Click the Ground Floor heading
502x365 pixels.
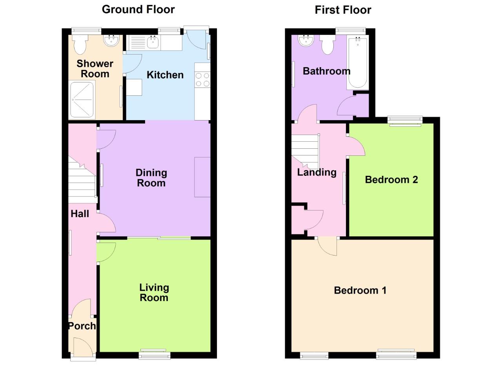pyautogui.click(x=138, y=9)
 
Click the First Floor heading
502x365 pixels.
pyautogui.click(x=343, y=10)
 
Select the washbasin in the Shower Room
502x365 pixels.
pyautogui.click(x=112, y=40)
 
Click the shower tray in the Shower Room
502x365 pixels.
pyautogui.click(x=82, y=100)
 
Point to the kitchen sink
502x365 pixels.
pyautogui.click(x=152, y=42)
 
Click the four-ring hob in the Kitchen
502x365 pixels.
pyautogui.click(x=202, y=80)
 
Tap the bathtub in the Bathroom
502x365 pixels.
pyautogui.click(x=358, y=63)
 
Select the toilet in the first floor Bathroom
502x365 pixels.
pyautogui.click(x=327, y=44)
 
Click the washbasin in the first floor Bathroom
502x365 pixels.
pyautogui.click(x=306, y=40)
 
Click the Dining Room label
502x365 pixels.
pyautogui.click(x=151, y=178)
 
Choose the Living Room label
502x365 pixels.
pyautogui.click(x=154, y=292)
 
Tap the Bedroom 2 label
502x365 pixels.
pyautogui.click(x=391, y=180)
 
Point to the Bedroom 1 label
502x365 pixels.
pyautogui.click(x=360, y=290)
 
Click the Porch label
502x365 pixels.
pyautogui.click(x=82, y=326)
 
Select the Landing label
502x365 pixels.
pyautogui.click(x=316, y=172)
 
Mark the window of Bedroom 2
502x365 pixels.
pyautogui.click(x=405, y=121)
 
